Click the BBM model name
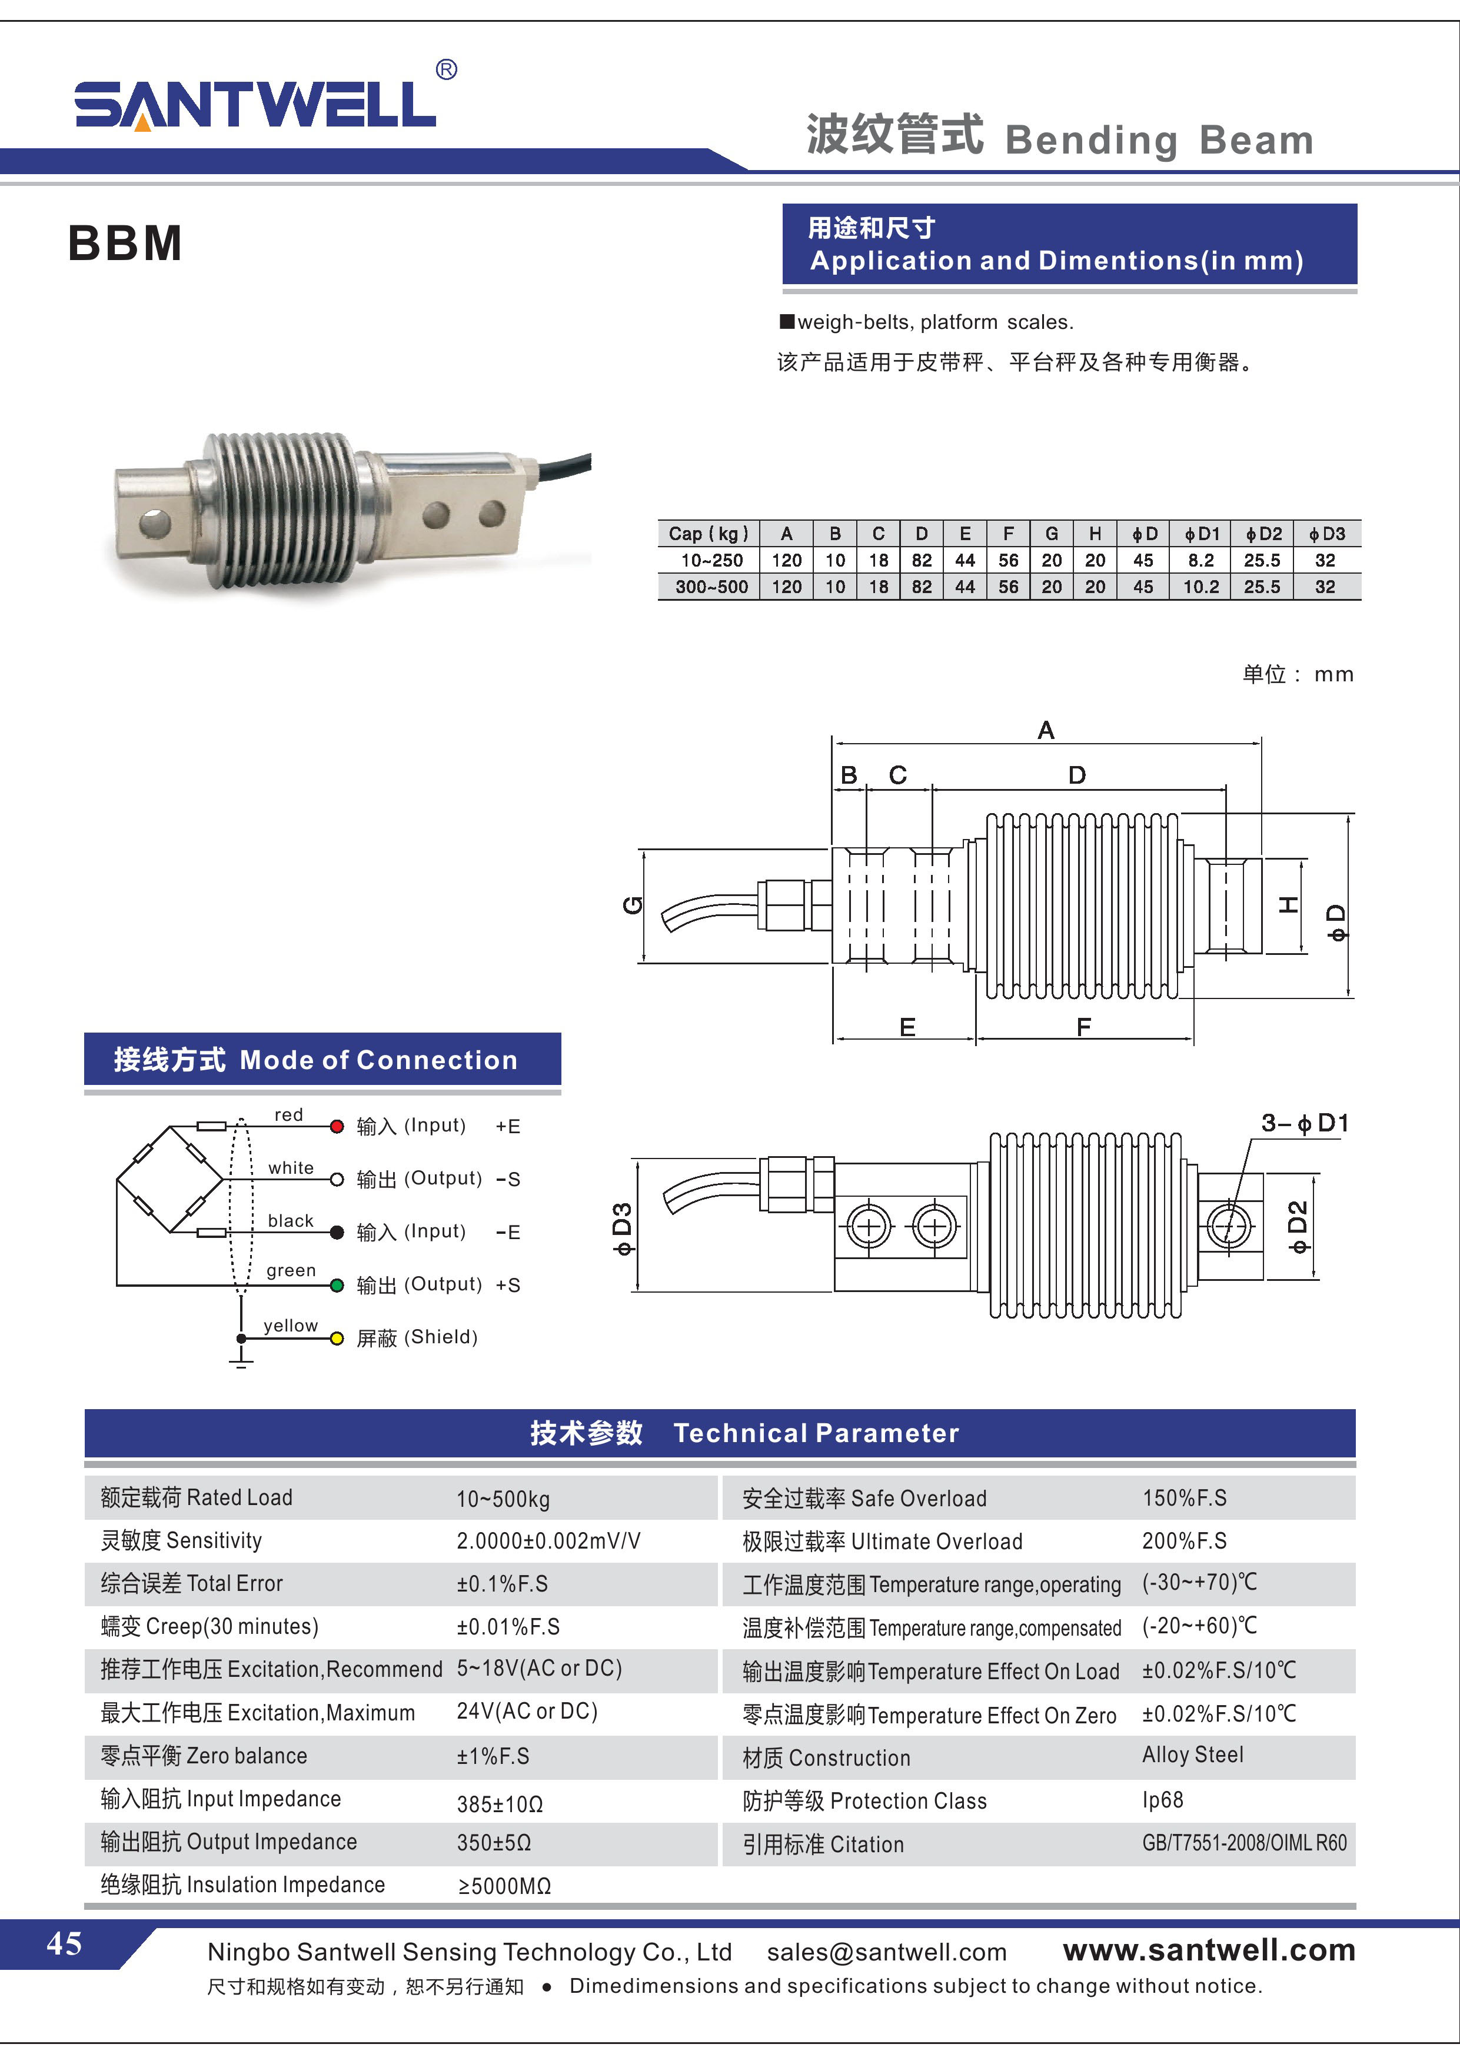click(x=125, y=244)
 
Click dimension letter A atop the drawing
click(x=1046, y=730)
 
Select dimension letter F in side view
click(x=1083, y=1027)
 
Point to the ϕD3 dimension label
click(x=622, y=1228)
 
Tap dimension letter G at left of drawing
click(x=633, y=904)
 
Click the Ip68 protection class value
click(x=1162, y=1800)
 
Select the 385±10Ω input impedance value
click(x=499, y=1804)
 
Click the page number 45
click(x=64, y=1943)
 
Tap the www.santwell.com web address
click(x=1208, y=1950)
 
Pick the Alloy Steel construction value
click(x=1192, y=1755)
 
